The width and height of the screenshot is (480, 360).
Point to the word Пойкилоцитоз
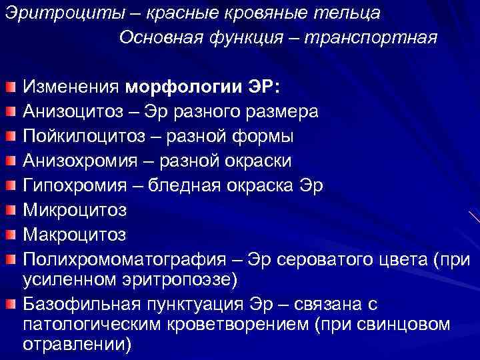pyautogui.click(x=81, y=137)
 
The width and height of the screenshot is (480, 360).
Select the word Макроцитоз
pyautogui.click(x=74, y=235)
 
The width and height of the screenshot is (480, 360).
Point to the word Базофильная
pyautogui.click(x=80, y=305)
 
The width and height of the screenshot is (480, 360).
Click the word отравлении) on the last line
pyautogui.click(x=77, y=345)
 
